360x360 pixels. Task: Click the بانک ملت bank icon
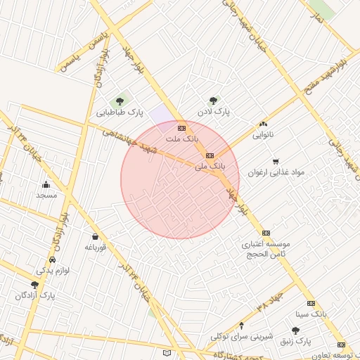coord(181,128)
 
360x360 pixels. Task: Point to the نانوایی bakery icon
coord(264,123)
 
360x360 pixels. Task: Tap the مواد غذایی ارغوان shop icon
coord(275,161)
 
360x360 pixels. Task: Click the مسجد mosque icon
coord(46,185)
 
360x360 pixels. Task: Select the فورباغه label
coord(95,247)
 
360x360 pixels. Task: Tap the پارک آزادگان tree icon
coord(34,285)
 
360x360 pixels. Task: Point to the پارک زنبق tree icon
coord(295,330)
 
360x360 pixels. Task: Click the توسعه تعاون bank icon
coord(341,345)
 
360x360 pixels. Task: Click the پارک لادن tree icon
coord(213,101)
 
